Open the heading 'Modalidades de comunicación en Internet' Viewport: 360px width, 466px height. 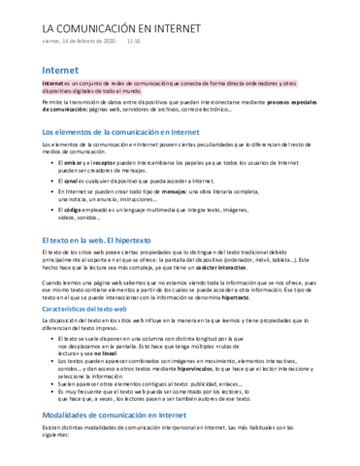click(126, 414)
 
